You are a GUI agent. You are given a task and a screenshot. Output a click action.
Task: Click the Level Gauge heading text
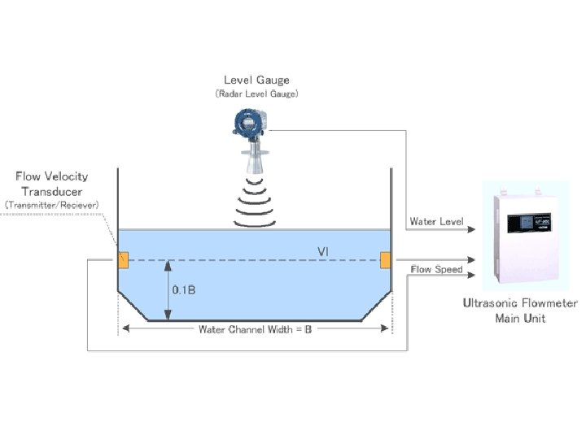pos(256,80)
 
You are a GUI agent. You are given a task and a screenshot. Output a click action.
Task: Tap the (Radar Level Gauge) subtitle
pos(256,93)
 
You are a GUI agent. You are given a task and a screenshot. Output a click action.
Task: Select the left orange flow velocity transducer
pos(124,260)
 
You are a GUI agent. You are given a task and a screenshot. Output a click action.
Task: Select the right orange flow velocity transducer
pos(386,259)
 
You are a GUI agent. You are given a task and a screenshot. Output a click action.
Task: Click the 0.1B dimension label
pos(184,289)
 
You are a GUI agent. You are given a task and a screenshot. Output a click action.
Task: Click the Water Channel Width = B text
pos(256,329)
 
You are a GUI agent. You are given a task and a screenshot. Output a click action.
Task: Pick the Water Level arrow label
pos(436,221)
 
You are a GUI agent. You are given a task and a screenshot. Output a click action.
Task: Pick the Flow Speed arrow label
pos(436,269)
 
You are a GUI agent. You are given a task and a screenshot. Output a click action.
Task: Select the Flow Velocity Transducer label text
pos(52,183)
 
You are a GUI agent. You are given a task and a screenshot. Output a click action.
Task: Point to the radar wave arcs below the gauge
pos(257,199)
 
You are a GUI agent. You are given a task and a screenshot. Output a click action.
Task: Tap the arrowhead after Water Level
pos(468,230)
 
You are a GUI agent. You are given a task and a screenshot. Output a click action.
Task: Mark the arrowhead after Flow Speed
pos(468,277)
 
